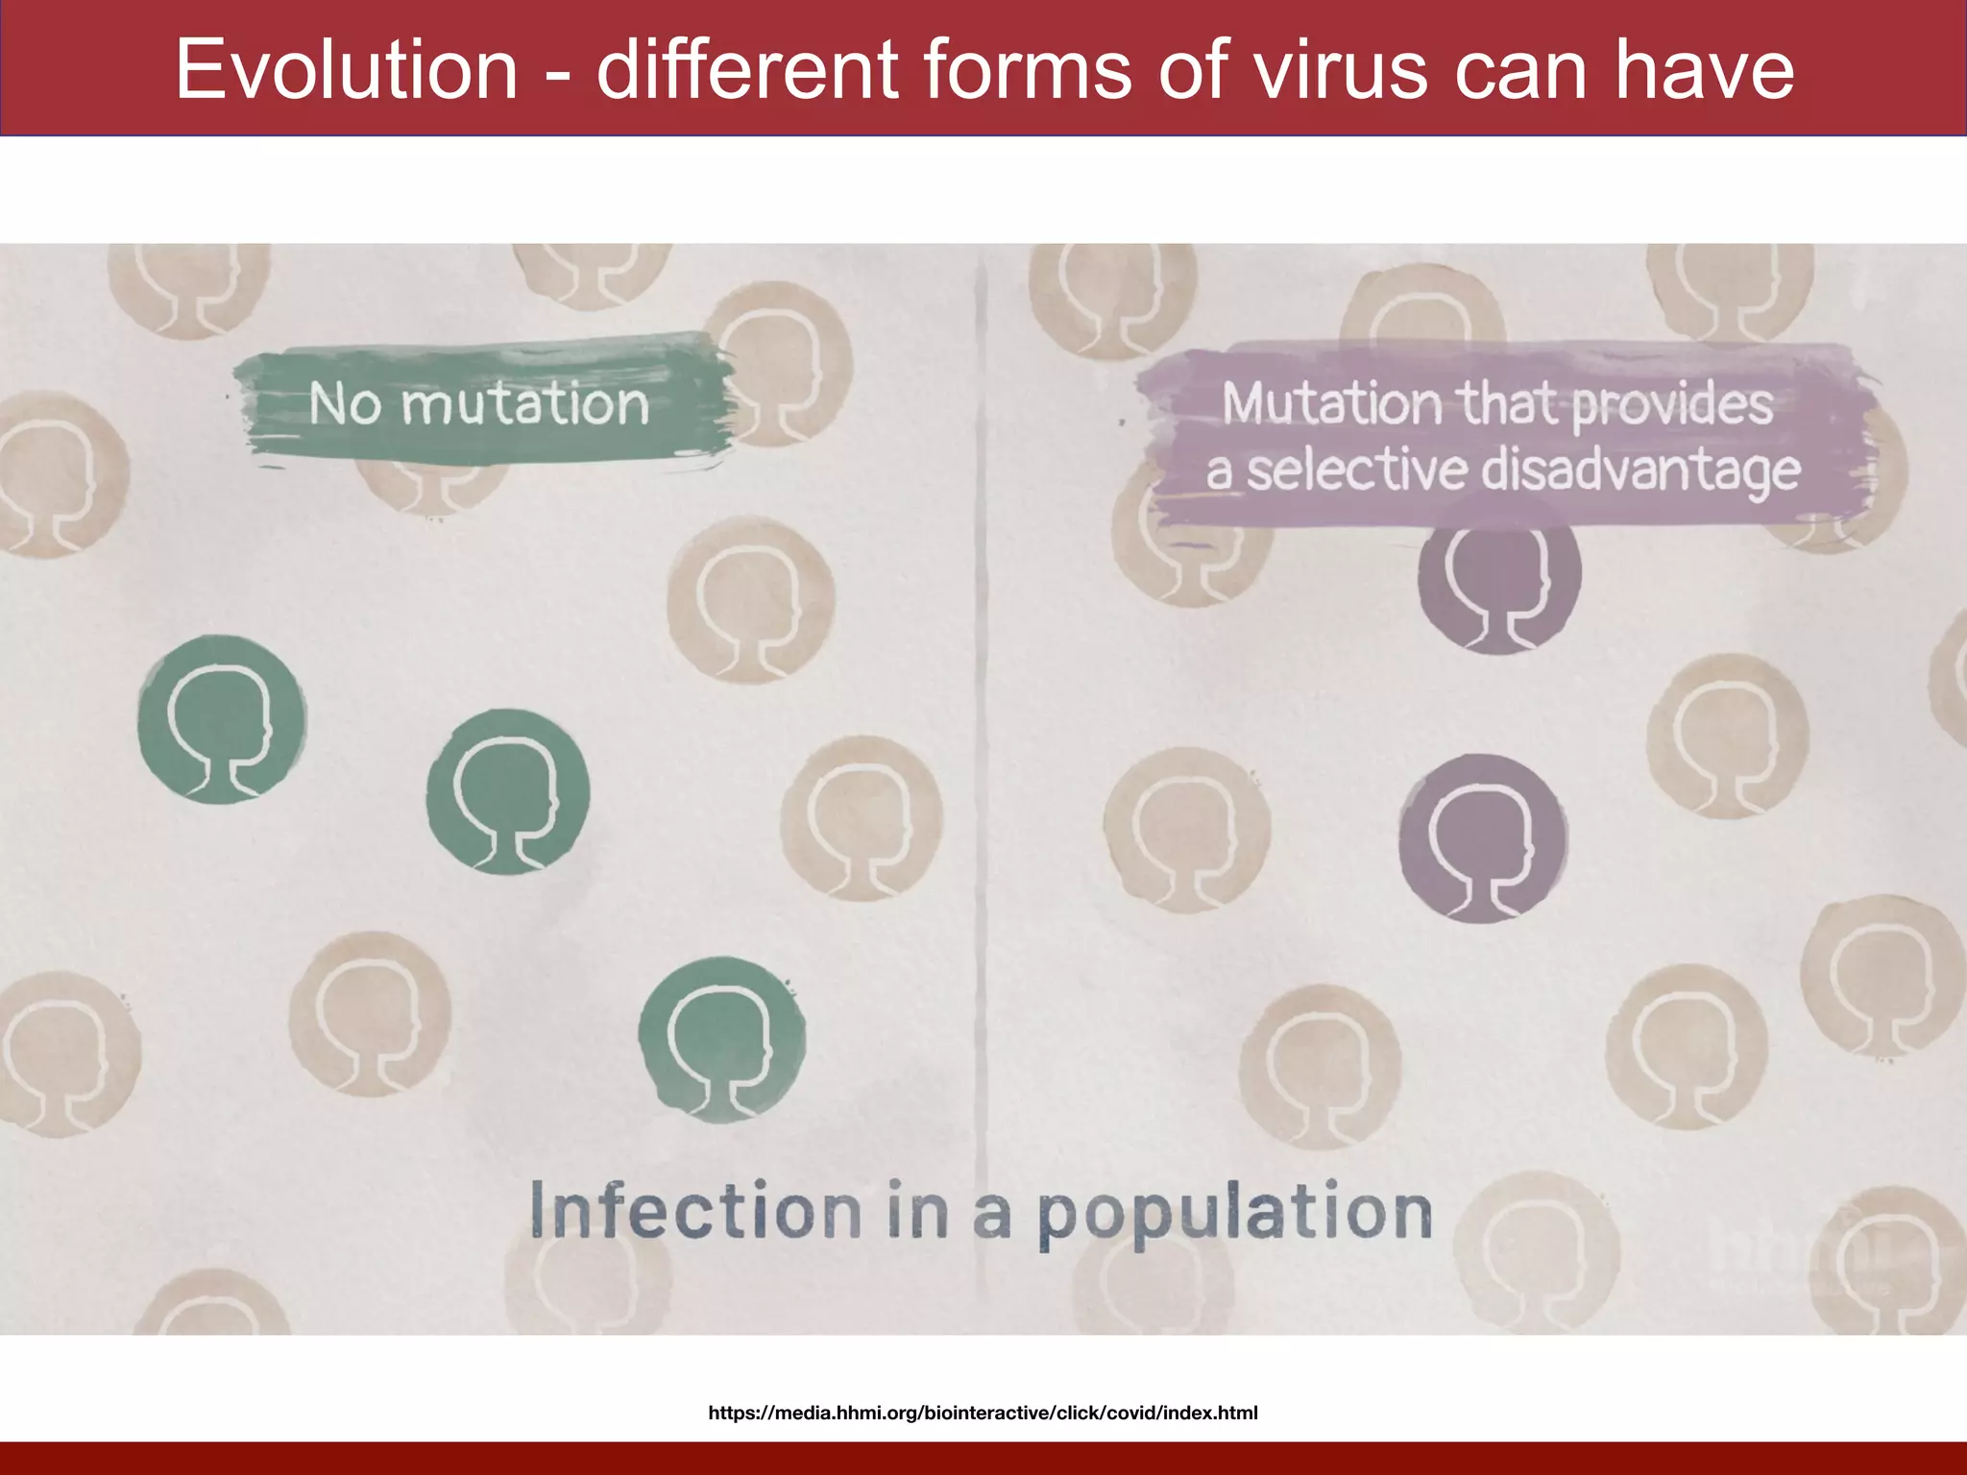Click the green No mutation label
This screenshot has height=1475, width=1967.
click(x=479, y=404)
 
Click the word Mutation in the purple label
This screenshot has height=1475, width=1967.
click(x=1331, y=404)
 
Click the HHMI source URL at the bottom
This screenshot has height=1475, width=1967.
click(x=983, y=1413)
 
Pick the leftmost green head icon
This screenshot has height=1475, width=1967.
click(x=222, y=719)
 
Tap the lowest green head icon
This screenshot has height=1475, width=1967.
click(x=722, y=1040)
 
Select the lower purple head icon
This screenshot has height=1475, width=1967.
click(x=1482, y=837)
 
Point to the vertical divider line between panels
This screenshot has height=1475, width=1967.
click(x=982, y=768)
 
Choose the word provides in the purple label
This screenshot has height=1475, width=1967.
click(x=1672, y=404)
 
